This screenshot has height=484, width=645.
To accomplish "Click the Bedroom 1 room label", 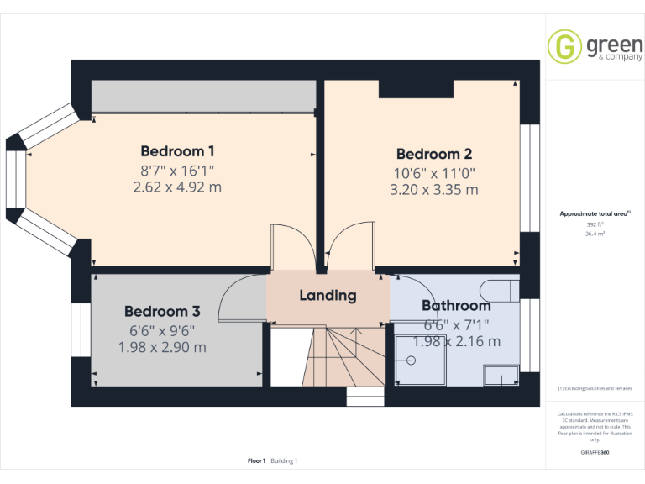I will (x=177, y=151).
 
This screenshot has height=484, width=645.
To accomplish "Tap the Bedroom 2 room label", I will (x=434, y=154).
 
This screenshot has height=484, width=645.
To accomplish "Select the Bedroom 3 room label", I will (x=162, y=311).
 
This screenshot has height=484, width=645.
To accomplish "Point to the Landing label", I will (x=328, y=296).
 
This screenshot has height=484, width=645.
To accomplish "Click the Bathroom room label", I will (x=456, y=305).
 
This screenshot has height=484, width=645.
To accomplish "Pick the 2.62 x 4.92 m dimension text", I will (x=177, y=187).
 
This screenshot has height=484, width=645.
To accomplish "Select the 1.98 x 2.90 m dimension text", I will (x=162, y=346).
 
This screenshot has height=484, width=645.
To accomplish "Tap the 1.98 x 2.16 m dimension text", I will (x=456, y=341).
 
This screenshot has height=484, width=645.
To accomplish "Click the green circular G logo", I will (x=564, y=46).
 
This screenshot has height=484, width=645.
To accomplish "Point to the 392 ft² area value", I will (x=595, y=224).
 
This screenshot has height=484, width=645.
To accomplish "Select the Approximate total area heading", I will (x=595, y=214).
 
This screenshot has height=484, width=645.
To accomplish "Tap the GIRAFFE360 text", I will (x=595, y=453).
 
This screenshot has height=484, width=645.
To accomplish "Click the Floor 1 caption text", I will (x=257, y=460).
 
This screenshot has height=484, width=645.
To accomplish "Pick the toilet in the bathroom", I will (x=504, y=290).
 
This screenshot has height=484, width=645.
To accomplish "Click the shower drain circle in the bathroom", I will (x=412, y=360).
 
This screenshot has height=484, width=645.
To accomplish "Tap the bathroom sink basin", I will (x=502, y=373).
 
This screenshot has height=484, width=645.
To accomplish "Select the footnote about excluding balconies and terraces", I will (x=595, y=388).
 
